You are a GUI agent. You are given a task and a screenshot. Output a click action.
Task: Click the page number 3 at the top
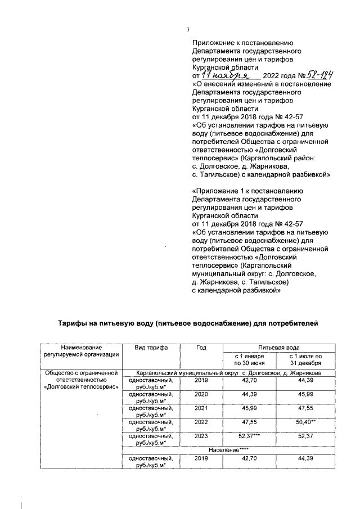click(188, 30)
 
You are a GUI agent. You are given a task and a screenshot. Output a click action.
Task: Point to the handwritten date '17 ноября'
click(226, 75)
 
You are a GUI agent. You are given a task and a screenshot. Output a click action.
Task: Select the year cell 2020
click(201, 395)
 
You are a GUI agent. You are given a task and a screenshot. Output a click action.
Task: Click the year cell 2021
click(201, 409)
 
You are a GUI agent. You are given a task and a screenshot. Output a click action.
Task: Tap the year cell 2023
click(201, 437)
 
